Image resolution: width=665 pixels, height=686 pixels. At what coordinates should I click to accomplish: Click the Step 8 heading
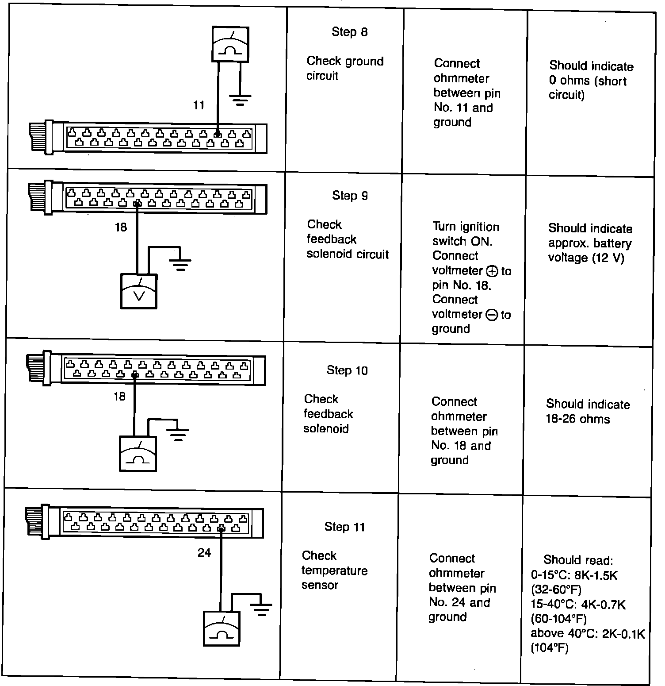(349, 32)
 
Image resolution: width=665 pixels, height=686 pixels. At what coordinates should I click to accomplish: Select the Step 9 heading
(350, 196)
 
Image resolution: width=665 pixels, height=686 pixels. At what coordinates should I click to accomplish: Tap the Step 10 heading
(347, 370)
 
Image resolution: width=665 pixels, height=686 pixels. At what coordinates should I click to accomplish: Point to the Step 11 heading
(344, 527)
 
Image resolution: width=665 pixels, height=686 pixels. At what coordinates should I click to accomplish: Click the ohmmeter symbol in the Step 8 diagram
(230, 44)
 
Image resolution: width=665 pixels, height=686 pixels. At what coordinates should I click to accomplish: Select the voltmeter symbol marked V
(139, 291)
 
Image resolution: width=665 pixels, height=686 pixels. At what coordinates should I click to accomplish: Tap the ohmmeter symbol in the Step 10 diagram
(138, 454)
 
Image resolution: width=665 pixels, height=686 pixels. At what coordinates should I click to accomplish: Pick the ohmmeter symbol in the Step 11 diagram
(221, 628)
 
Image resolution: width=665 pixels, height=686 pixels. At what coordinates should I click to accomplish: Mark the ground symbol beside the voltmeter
(180, 264)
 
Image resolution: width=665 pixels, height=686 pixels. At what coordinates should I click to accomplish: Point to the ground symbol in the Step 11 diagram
(261, 609)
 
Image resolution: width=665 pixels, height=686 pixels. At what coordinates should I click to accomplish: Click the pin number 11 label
(199, 105)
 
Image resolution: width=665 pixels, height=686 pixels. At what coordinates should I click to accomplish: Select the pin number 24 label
(204, 553)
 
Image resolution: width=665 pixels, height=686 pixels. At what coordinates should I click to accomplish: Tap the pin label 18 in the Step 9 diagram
(121, 227)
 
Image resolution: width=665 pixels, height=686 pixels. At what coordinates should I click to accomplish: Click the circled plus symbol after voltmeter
(491, 271)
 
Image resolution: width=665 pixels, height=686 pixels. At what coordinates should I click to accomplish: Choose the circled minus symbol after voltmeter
(491, 315)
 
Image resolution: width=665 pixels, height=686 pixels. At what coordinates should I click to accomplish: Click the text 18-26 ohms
(577, 419)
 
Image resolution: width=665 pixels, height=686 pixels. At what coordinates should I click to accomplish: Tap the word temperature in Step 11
(334, 570)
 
